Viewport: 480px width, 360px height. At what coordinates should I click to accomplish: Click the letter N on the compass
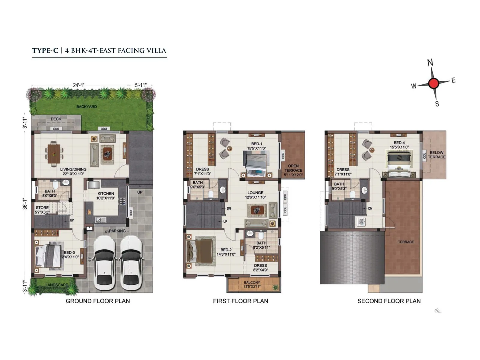pos(430,63)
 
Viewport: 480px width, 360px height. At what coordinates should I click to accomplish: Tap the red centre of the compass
pos(433,83)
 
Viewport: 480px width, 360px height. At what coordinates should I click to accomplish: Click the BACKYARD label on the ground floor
pos(86,106)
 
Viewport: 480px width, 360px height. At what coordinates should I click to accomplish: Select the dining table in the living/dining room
pos(54,154)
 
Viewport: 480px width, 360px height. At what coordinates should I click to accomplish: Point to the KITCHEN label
pos(106,193)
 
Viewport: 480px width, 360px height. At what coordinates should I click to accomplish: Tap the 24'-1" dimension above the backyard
pos(79,85)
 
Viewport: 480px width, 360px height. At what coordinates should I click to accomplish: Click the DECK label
pos(56,119)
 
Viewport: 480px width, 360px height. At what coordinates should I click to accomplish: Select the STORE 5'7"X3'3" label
pos(42,210)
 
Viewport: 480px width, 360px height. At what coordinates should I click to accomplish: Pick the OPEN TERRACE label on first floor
pos(293,170)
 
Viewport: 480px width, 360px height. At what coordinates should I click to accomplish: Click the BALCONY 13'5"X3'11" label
pos(252,284)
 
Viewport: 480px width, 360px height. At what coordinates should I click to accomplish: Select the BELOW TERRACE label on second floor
pos(436,154)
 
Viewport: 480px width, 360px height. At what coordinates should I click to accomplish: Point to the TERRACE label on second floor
pos(406,242)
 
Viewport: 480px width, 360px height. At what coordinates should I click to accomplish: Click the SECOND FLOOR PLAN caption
pos(389,301)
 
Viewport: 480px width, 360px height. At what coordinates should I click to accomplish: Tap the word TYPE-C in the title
pos(45,50)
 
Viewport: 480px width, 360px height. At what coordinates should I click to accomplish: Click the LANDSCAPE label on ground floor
pos(57,285)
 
